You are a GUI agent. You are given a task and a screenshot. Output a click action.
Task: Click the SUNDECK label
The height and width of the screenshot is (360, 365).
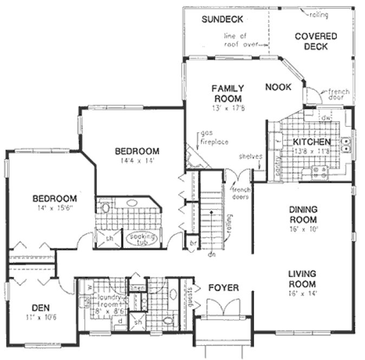[221, 20]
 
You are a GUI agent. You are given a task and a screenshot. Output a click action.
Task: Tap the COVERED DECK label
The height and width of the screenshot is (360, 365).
[316, 41]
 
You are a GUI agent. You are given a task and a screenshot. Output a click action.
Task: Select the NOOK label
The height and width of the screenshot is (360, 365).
[278, 87]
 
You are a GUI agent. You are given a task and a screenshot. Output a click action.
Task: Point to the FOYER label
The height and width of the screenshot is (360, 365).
[223, 287]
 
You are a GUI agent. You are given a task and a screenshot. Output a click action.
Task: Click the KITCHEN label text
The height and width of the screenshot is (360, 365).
[311, 143]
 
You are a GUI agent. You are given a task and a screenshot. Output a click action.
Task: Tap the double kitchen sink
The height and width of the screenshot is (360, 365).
[349, 144]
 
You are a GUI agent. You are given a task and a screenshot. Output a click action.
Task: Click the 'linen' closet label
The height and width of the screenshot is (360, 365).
[137, 287]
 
